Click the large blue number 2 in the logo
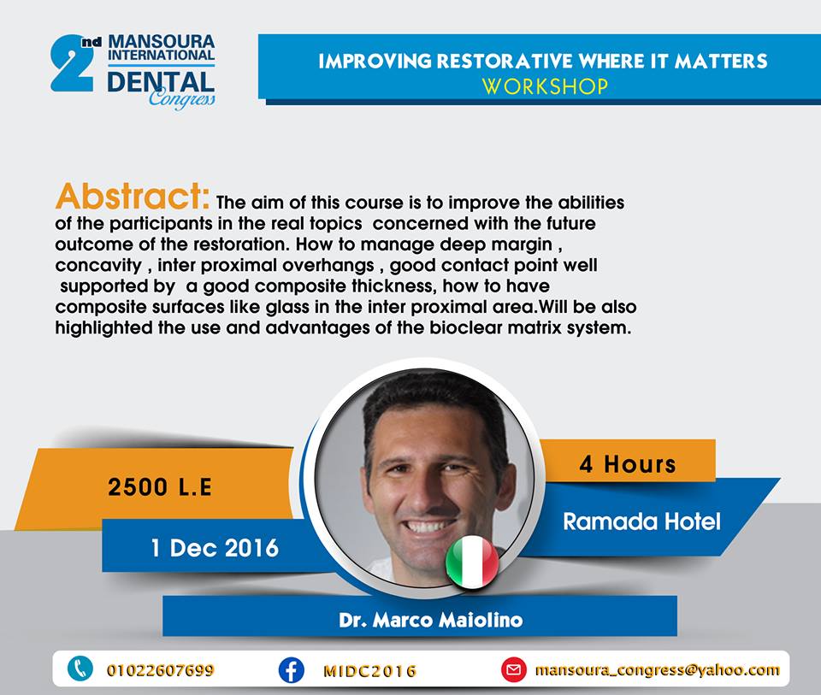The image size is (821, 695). (x=72, y=64)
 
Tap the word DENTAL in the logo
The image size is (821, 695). (x=161, y=83)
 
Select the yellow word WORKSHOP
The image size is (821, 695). (x=545, y=86)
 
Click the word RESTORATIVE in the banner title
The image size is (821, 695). (x=505, y=62)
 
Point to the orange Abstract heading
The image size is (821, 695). (x=133, y=197)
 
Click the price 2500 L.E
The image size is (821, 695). (x=160, y=487)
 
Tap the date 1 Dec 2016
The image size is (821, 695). (x=215, y=548)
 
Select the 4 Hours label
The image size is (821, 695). (x=627, y=464)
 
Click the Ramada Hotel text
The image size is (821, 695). (x=641, y=521)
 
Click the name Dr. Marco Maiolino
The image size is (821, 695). (x=430, y=620)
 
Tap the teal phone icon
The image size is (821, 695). (x=80, y=668)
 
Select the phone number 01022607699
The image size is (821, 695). (x=160, y=670)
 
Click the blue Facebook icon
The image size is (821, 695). (x=291, y=670)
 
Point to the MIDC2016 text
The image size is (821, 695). (x=369, y=671)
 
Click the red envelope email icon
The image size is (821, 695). (x=514, y=670)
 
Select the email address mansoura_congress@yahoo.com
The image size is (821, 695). (x=657, y=670)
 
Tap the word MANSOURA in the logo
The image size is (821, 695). (x=162, y=42)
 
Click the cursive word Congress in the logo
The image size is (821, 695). (x=181, y=98)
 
